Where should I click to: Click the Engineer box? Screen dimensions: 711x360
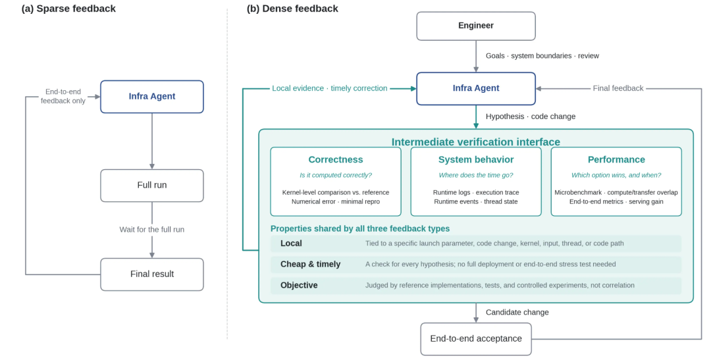click(x=476, y=26)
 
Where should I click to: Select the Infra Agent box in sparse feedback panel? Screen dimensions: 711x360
click(x=152, y=97)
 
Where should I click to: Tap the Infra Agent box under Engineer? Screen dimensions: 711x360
click(x=476, y=88)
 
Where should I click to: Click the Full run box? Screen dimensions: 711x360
click(x=152, y=186)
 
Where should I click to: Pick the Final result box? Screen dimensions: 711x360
click(x=152, y=274)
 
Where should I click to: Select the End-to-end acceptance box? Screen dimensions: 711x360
click(x=476, y=339)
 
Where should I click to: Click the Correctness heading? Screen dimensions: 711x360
click(x=336, y=159)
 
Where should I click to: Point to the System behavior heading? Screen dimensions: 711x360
click(x=476, y=159)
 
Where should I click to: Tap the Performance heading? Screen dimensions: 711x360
click(x=616, y=159)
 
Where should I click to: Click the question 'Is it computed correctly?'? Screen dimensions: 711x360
click(x=336, y=175)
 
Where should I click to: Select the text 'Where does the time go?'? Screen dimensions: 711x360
click(x=476, y=175)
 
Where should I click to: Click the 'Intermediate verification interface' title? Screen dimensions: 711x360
click(x=476, y=142)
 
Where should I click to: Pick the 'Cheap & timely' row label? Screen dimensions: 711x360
click(x=310, y=265)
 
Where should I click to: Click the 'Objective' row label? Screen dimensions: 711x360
click(x=299, y=285)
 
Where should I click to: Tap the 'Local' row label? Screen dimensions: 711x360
click(x=291, y=244)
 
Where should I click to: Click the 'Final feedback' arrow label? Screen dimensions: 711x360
click(x=618, y=88)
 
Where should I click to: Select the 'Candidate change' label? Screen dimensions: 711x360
click(x=517, y=313)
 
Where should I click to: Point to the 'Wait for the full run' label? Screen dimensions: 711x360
click(x=152, y=230)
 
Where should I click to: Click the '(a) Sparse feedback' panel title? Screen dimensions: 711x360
click(x=68, y=9)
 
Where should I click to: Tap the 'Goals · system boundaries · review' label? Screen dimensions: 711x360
click(x=542, y=56)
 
